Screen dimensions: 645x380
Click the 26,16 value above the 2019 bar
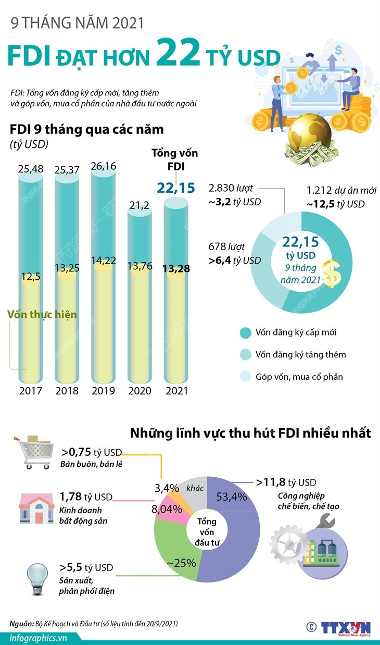pyautogui.click(x=104, y=166)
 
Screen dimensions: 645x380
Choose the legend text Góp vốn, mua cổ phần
pyautogui.click(x=299, y=376)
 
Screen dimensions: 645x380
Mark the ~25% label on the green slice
pyautogui.click(x=181, y=563)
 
